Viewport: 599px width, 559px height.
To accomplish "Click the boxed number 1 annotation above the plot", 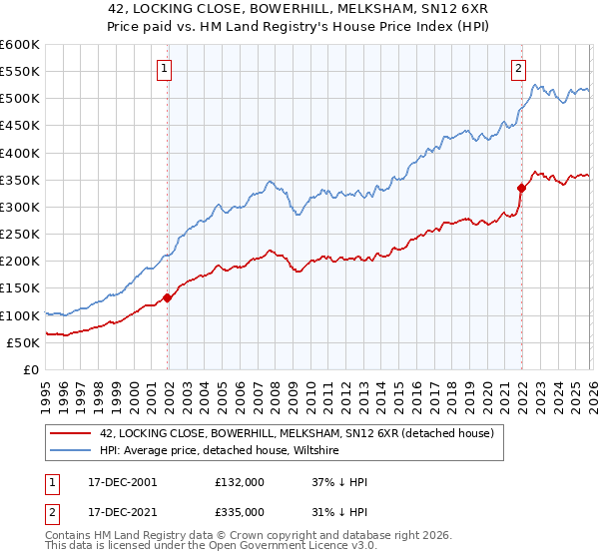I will pyautogui.click(x=163, y=69).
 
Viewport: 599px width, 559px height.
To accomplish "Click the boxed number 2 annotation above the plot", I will pyautogui.click(x=518, y=69).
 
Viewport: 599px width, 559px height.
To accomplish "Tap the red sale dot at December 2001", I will pyautogui.click(x=167, y=297).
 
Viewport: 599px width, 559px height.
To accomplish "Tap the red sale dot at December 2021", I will pyautogui.click(x=521, y=188).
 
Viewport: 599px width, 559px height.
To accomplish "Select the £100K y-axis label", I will pyautogui.click(x=20, y=315).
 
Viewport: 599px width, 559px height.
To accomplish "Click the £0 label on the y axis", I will pyautogui.click(x=30, y=370).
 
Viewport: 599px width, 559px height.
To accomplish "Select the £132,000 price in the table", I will pyautogui.click(x=240, y=482).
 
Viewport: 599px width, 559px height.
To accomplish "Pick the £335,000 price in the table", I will pyautogui.click(x=240, y=511).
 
